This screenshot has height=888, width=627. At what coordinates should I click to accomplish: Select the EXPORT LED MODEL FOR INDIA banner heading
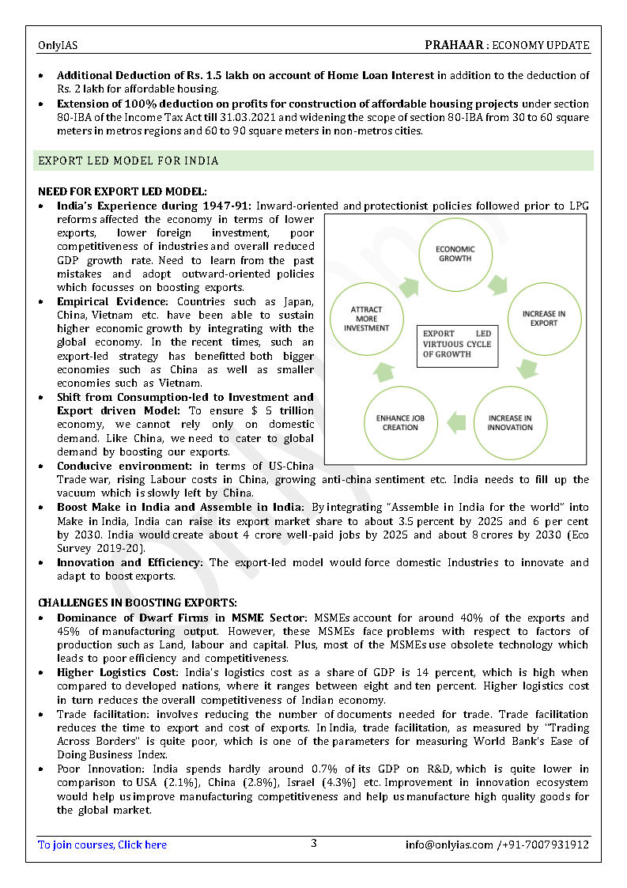click(x=129, y=161)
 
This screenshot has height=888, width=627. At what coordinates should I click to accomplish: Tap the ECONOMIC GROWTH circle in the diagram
click(x=455, y=254)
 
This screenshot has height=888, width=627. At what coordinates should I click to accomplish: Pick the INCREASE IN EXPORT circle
click(x=544, y=319)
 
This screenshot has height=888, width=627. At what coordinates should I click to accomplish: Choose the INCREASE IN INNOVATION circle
click(x=510, y=422)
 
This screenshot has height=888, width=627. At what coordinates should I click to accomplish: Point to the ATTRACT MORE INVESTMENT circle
click(x=366, y=318)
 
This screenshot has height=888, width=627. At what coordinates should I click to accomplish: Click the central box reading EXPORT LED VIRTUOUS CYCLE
click(x=457, y=344)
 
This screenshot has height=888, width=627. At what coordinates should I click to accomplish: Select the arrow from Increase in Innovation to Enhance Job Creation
click(x=455, y=421)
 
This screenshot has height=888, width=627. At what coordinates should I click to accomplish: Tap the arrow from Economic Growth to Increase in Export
click(x=500, y=284)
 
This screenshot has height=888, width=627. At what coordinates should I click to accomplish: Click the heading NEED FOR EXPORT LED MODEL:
click(x=123, y=191)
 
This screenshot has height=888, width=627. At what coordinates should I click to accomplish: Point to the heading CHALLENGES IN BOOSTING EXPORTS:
click(x=137, y=603)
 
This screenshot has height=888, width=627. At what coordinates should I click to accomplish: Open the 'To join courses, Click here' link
click(x=102, y=845)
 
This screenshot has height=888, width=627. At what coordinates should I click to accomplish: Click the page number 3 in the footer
click(x=313, y=843)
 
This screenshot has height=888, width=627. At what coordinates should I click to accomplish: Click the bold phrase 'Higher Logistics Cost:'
click(x=123, y=673)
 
